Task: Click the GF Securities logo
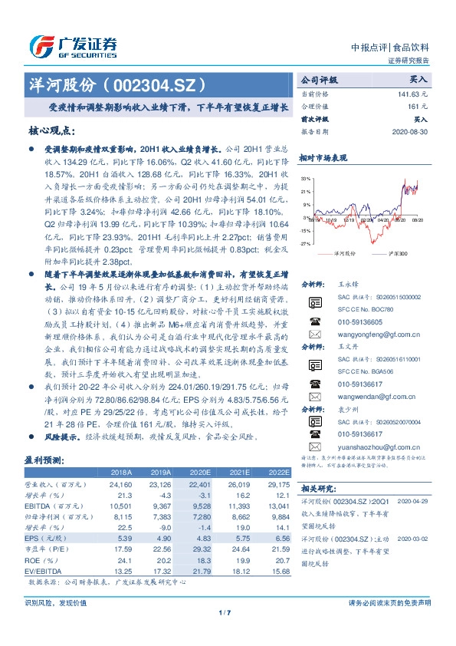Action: point(73,46)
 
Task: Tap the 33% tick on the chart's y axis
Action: point(307,178)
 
